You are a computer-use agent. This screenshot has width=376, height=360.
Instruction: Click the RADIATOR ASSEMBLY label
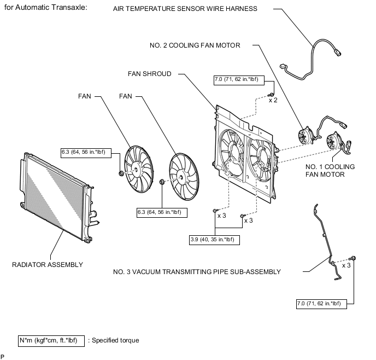click(48, 265)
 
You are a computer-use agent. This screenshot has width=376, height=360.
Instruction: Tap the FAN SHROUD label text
click(150, 74)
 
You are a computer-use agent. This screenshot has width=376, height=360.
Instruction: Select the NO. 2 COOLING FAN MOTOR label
click(195, 45)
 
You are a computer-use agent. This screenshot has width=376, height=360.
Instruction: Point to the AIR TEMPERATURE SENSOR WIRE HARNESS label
click(185, 9)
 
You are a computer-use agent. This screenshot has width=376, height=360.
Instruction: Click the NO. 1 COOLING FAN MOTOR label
click(330, 171)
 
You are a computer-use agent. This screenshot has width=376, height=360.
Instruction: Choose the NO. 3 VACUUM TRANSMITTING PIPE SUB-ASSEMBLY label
click(197, 272)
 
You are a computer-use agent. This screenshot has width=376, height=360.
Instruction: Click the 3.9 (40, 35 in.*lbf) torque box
click(214, 240)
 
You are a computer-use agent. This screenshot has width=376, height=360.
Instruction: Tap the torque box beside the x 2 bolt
click(239, 80)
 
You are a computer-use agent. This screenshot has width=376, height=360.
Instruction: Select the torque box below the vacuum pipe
click(321, 304)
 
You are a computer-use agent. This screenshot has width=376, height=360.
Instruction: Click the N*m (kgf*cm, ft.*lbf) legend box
click(51, 341)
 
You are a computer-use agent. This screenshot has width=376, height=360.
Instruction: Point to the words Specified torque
click(115, 340)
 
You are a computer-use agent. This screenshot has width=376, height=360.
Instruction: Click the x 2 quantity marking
click(273, 100)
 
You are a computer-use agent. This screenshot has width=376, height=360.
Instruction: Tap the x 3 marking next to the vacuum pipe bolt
click(346, 265)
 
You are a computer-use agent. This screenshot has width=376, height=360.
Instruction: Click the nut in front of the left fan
click(121, 173)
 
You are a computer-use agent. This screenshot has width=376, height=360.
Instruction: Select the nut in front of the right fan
click(162, 182)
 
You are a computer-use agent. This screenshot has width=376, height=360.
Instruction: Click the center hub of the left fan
click(137, 170)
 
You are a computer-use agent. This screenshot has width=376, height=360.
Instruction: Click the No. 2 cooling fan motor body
click(305, 136)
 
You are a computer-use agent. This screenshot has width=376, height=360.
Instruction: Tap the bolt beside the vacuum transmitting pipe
click(352, 258)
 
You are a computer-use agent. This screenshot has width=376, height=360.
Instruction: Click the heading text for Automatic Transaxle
click(45, 8)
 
